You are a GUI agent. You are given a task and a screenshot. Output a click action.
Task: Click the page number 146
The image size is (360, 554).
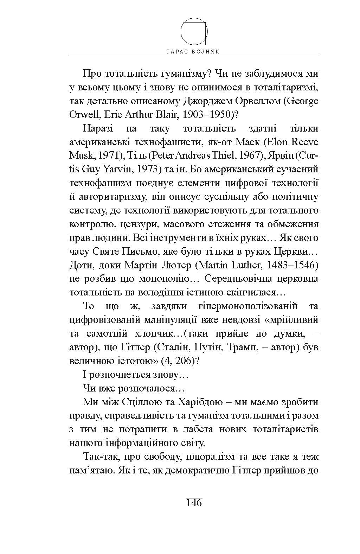point(194,503)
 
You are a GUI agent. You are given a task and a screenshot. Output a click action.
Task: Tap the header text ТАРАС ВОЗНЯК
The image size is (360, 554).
point(193,51)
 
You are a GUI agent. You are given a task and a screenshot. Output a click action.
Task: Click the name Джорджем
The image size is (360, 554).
point(208,101)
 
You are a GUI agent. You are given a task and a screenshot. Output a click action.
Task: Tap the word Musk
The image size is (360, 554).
point(81,155)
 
